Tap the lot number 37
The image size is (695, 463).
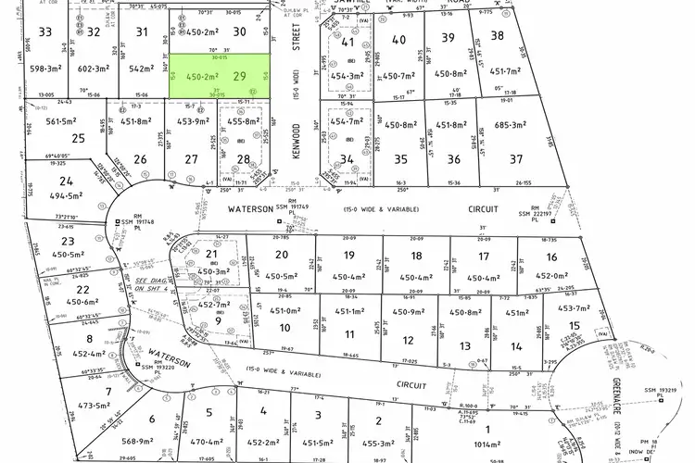point(541,158)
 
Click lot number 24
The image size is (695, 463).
point(66,181)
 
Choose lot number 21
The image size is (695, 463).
point(212,255)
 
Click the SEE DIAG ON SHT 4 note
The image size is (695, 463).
point(154,284)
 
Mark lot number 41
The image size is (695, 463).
point(348,42)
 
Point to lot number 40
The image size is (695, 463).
point(399,39)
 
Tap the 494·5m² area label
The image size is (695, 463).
point(70,196)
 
